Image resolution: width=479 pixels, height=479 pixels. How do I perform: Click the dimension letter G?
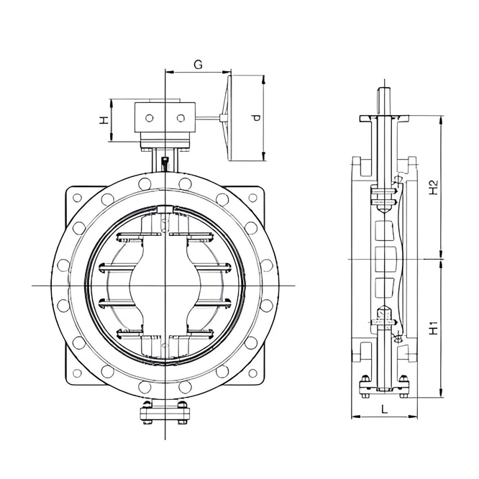[x=198, y=64]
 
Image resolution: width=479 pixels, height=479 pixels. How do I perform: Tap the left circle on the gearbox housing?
[x=150, y=117]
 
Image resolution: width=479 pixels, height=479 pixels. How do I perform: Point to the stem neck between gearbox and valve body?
[x=165, y=160]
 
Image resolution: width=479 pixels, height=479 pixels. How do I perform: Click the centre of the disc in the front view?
[x=165, y=286]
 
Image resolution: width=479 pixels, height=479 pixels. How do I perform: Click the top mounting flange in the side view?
[x=386, y=117]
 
